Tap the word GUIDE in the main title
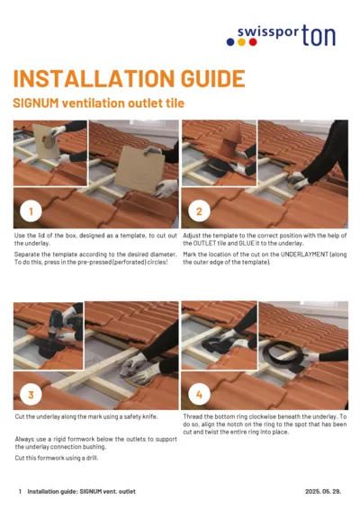click(208, 79)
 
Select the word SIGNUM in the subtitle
click(35, 104)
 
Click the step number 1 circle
click(31, 211)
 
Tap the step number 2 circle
click(199, 211)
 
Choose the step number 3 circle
click(31, 394)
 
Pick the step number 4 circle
click(199, 394)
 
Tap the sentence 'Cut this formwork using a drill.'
click(56, 458)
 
